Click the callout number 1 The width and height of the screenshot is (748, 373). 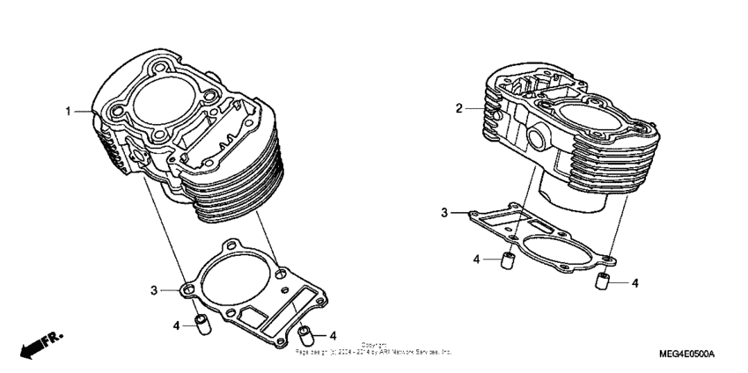pyautogui.click(x=66, y=112)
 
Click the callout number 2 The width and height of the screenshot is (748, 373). pyautogui.click(x=458, y=109)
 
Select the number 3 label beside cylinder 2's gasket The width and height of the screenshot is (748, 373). pyautogui.click(x=444, y=213)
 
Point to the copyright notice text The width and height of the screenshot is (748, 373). pyautogui.click(x=374, y=348)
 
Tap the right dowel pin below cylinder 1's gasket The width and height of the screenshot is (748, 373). pyautogui.click(x=307, y=334)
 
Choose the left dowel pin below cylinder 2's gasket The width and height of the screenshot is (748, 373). pyautogui.click(x=506, y=261)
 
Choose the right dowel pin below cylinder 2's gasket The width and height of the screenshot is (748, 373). pyautogui.click(x=604, y=282)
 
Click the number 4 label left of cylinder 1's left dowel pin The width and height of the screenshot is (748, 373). pyautogui.click(x=175, y=325)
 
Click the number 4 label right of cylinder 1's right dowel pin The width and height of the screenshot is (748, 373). pyautogui.click(x=334, y=334)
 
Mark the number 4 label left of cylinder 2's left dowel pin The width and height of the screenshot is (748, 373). pyautogui.click(x=476, y=260)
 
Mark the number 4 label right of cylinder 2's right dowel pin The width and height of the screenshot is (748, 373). pyautogui.click(x=634, y=283)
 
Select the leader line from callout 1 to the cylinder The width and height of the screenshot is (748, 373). pyautogui.click(x=84, y=112)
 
